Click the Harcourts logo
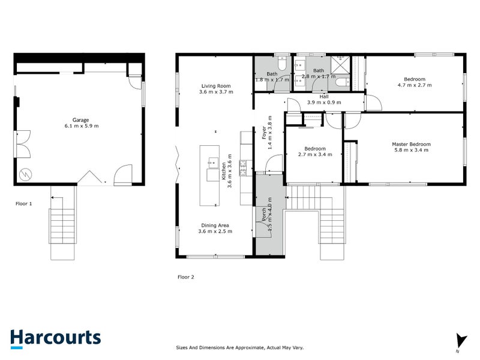55,338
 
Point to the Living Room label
216,89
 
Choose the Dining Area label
216,228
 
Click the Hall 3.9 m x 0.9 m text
324,99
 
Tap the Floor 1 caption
23,203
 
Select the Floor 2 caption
186,277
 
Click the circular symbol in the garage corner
25,174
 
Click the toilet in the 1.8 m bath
281,64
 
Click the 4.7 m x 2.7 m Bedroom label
415,82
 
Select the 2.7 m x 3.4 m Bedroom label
314,152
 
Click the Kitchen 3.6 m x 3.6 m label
226,175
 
